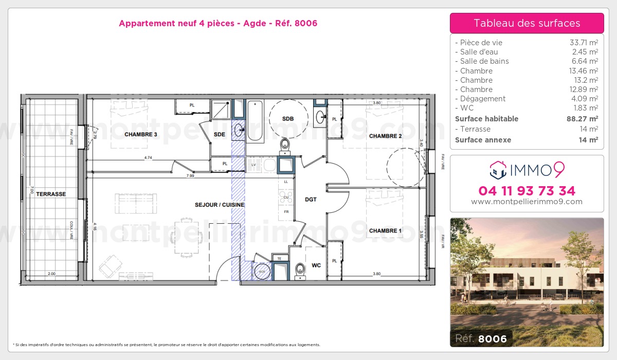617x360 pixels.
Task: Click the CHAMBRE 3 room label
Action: point(140,134)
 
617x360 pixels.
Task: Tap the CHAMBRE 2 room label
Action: point(385,136)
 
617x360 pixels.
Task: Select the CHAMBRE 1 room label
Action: point(385,231)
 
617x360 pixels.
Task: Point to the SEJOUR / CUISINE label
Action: point(220,205)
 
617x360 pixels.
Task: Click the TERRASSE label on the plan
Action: point(51,194)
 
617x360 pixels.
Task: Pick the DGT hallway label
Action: point(311,199)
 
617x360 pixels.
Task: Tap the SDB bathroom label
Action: point(288,119)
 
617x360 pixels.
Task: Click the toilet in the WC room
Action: point(300,270)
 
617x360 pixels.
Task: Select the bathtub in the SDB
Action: point(255,121)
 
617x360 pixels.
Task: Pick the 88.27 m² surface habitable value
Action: point(580,119)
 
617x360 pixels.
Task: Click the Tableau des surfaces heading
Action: point(527,23)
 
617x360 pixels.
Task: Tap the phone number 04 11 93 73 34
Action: point(527,191)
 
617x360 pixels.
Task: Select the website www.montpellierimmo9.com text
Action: point(527,202)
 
